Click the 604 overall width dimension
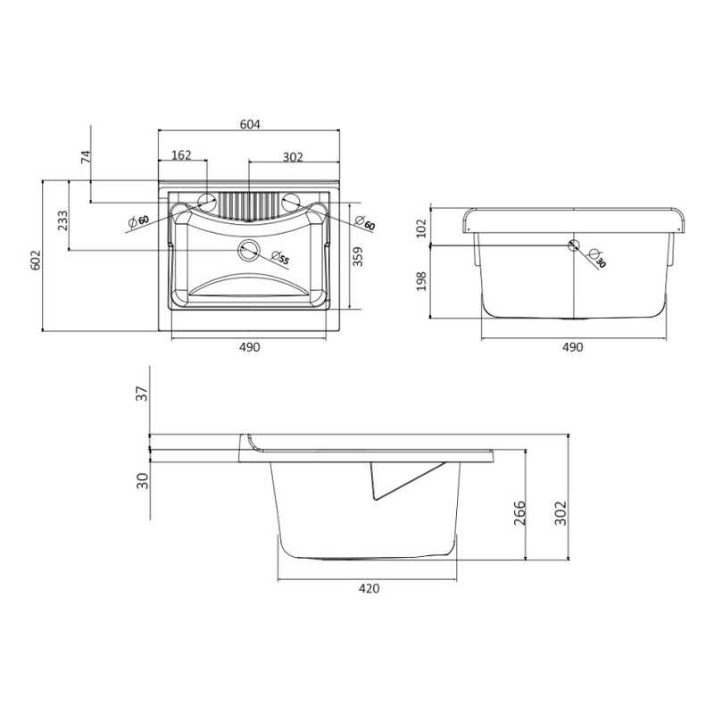click(250, 124)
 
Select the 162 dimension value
click(181, 155)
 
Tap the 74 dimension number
click(86, 157)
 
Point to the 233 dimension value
click(62, 220)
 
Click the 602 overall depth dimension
click(36, 260)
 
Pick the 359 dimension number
click(358, 256)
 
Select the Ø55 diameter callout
click(279, 258)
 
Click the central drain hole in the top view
click(249, 249)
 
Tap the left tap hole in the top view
click(206, 202)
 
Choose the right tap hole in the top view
click(291, 202)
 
